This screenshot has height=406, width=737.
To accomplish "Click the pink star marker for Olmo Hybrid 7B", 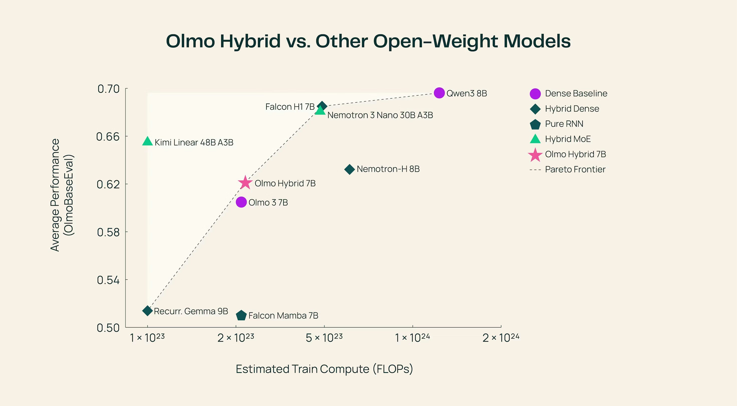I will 245,183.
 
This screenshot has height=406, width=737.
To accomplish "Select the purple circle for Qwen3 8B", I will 439,93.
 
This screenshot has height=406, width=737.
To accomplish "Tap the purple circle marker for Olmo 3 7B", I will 241,202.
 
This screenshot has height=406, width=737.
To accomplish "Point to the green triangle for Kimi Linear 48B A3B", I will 147,141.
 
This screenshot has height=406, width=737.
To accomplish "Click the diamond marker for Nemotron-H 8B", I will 349,169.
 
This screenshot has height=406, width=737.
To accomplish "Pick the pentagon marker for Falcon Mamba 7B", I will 241,316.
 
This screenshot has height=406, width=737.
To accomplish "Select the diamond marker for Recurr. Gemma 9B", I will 147,311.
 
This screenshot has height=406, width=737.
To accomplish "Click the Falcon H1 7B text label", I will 289,107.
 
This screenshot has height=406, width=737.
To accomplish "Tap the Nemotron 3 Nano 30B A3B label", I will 380,115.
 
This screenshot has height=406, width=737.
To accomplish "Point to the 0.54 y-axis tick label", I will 108,280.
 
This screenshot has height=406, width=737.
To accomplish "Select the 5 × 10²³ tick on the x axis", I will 324,338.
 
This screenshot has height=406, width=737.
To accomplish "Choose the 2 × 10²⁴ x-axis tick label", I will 501,338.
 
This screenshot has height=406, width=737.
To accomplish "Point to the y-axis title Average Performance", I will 55,195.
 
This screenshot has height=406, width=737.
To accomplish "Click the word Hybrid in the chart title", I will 250,41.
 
